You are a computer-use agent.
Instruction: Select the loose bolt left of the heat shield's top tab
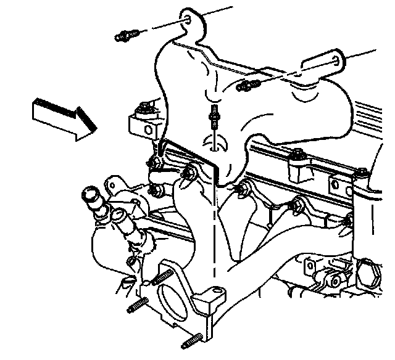pos(126,36)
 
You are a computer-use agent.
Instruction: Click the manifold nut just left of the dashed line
pos(188,174)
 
